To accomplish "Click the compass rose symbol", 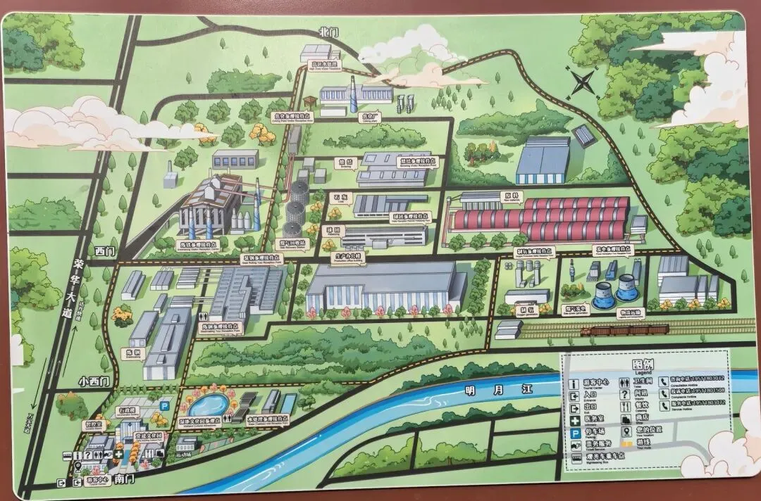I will (x=583, y=83).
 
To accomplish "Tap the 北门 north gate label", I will (x=329, y=32).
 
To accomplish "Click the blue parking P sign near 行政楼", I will (x=164, y=405).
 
